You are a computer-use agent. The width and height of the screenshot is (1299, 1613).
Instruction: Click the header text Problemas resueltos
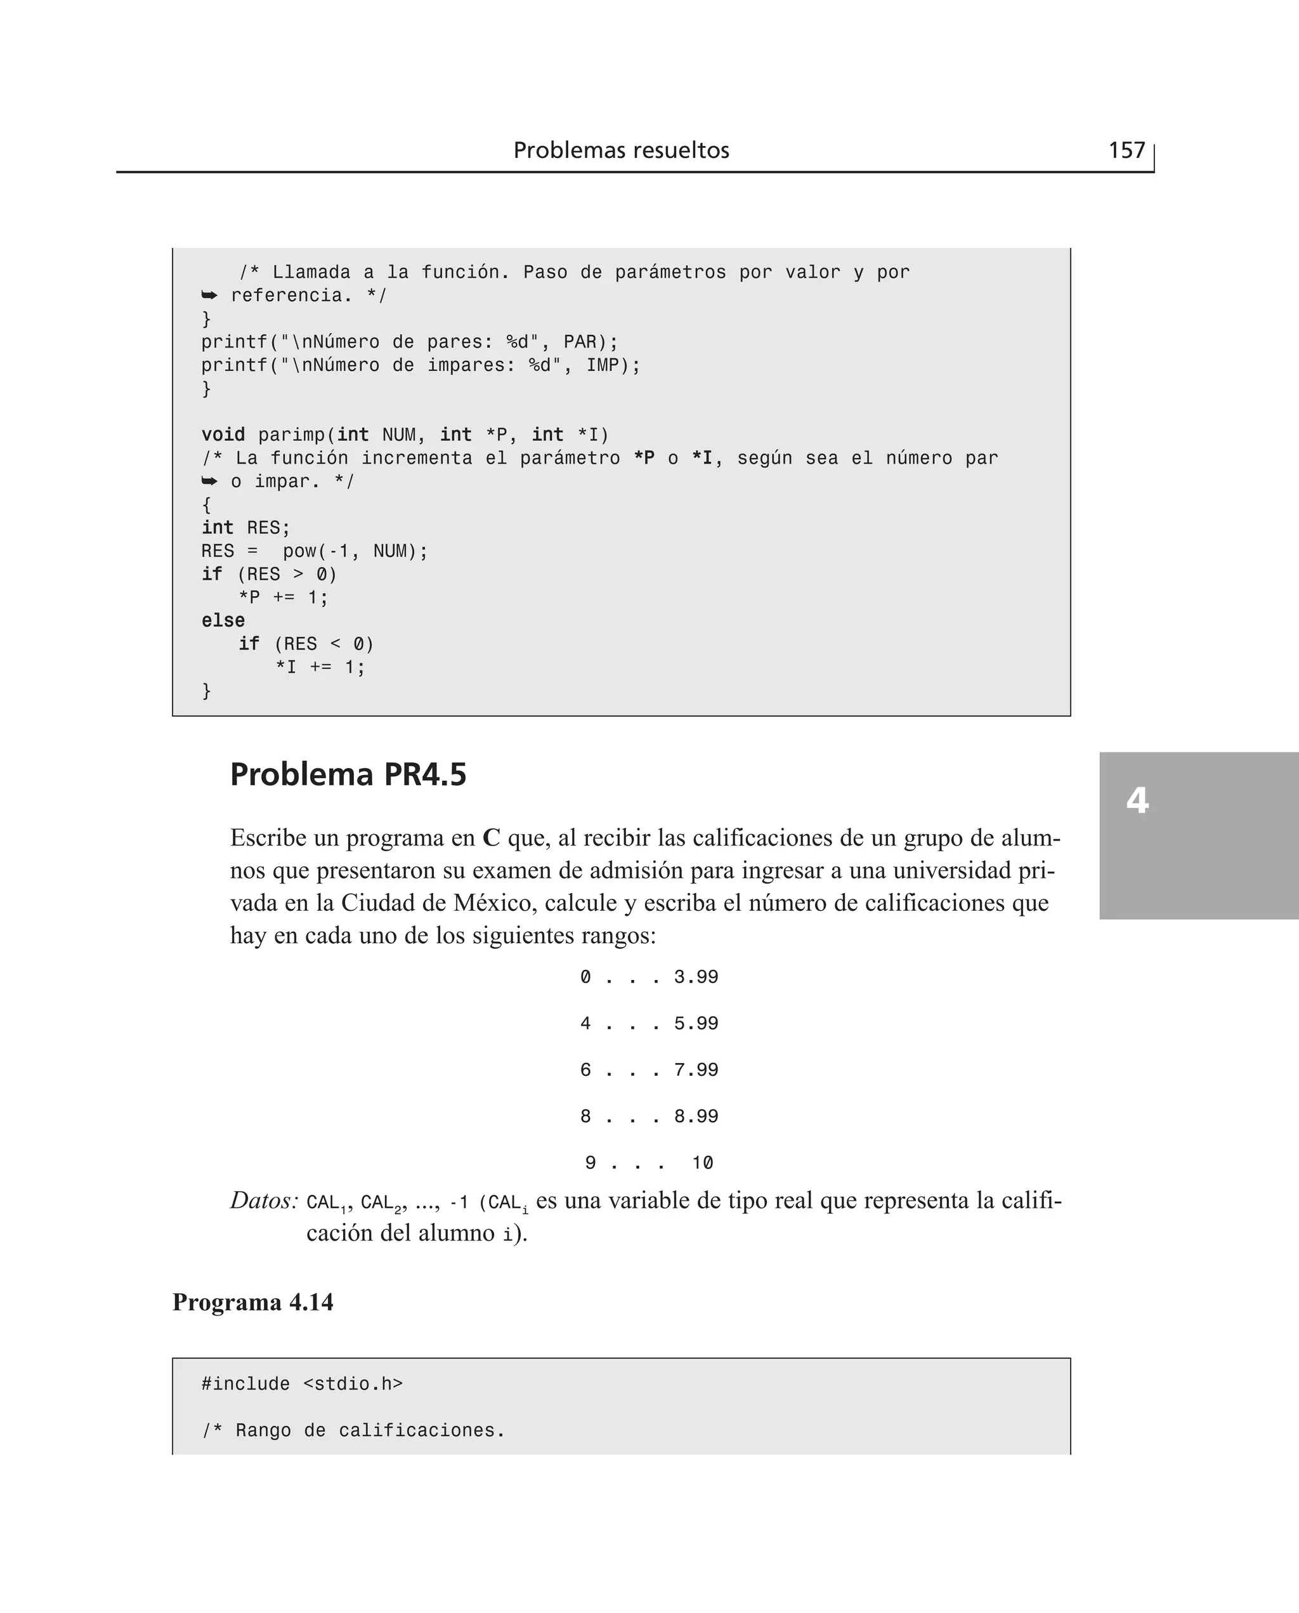click(621, 150)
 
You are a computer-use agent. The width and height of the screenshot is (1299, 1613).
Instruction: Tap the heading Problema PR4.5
click(348, 774)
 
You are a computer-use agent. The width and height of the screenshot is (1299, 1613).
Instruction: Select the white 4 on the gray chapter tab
click(1137, 800)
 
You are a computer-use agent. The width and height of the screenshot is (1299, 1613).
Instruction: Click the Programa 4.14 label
click(253, 1303)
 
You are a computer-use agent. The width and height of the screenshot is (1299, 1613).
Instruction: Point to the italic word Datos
click(264, 1201)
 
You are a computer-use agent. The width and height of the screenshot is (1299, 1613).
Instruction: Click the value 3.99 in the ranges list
click(696, 977)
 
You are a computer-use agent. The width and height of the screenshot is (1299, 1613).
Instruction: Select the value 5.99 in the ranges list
click(696, 1024)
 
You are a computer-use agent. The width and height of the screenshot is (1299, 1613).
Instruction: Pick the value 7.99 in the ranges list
click(696, 1070)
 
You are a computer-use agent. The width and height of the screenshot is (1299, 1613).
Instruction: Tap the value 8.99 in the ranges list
click(696, 1116)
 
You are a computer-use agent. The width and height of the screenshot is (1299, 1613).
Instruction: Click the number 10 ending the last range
click(702, 1163)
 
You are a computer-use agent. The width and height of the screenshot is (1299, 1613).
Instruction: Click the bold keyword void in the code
click(223, 434)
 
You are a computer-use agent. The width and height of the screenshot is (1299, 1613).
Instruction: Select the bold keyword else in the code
click(223, 621)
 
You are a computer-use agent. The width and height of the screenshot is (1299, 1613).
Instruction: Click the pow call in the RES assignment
click(299, 551)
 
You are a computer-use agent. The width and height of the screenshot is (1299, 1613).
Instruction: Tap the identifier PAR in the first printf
click(580, 342)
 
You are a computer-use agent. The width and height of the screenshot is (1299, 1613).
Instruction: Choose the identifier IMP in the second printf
click(603, 365)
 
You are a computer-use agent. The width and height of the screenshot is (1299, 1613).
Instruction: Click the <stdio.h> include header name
click(353, 1384)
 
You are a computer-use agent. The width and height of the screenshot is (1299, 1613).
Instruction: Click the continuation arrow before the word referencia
click(209, 296)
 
